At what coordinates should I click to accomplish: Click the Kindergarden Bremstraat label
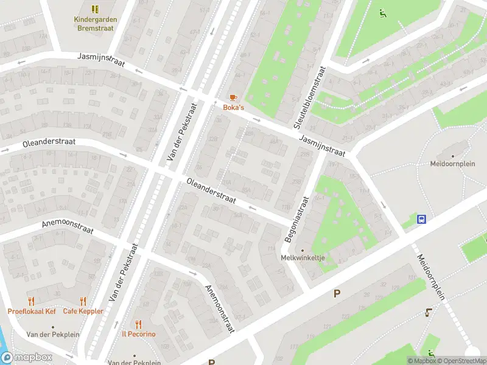point(95,24)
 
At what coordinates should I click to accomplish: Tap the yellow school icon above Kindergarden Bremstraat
point(95,9)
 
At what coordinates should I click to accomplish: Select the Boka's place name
point(233,108)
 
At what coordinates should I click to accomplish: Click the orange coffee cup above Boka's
point(233,97)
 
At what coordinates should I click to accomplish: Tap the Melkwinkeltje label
point(303,258)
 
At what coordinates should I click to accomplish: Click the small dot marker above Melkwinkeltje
point(303,249)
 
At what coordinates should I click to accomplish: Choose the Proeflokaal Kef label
point(32,311)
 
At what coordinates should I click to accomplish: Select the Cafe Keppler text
point(83,311)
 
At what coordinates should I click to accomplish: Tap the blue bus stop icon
point(421,219)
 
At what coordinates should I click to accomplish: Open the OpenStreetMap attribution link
point(458,360)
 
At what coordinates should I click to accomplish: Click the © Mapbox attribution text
point(421,360)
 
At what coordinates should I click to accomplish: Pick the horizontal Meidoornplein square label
point(452,164)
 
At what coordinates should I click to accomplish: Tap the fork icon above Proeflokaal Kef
point(32,301)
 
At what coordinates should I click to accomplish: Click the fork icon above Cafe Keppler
point(83,301)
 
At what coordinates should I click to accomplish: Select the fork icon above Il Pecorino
point(139,324)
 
